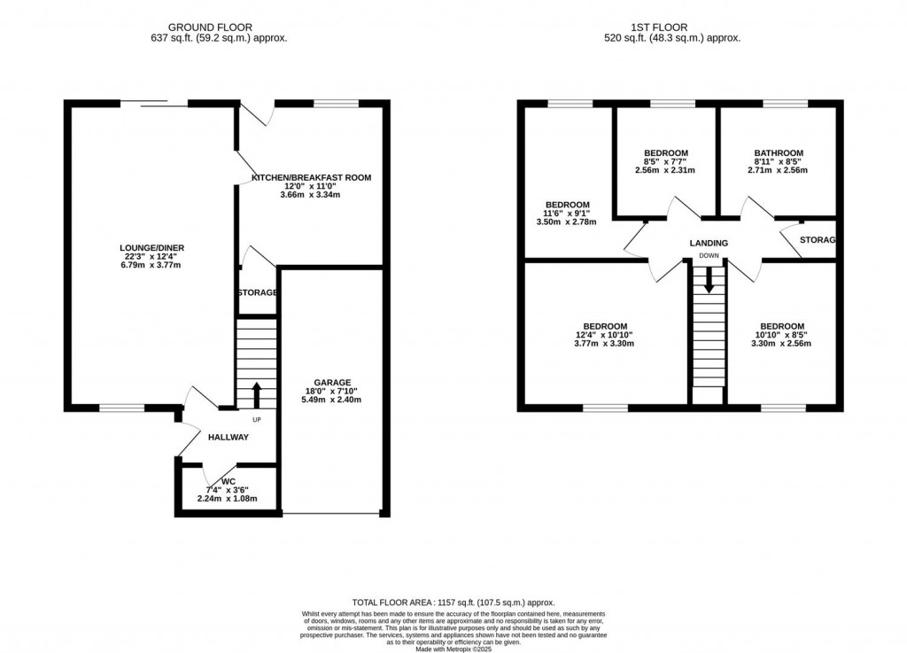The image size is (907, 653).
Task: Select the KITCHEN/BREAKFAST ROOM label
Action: (311, 178)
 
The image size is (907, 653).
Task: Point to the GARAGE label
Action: (332, 382)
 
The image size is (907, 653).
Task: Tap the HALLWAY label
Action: (229, 437)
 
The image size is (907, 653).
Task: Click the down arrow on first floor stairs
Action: (709, 282)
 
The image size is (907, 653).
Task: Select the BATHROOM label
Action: (779, 153)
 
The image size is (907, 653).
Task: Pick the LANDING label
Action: (709, 243)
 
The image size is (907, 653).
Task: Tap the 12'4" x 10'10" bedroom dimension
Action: (605, 335)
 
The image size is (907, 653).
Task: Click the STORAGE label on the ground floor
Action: (258, 292)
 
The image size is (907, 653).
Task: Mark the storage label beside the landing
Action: (818, 240)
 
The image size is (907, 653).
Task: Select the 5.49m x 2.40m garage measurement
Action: (332, 400)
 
